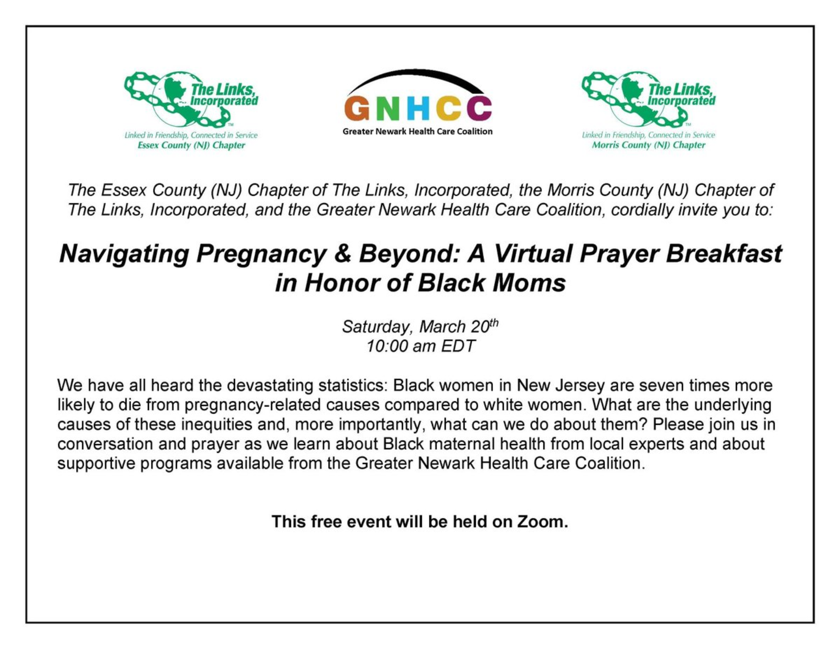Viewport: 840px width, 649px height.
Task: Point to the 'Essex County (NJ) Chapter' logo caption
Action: point(191,146)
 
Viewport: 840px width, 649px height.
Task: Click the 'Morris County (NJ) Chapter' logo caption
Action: point(649,146)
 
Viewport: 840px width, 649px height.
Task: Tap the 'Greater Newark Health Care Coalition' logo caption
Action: point(417,132)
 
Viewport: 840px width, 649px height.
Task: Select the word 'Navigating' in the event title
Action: point(124,254)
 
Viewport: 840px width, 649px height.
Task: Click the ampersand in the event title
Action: point(342,254)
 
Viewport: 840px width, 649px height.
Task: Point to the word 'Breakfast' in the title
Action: point(724,254)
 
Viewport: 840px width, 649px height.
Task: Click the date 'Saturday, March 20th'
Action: point(420,326)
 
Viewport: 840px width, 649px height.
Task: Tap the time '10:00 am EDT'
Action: point(420,346)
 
